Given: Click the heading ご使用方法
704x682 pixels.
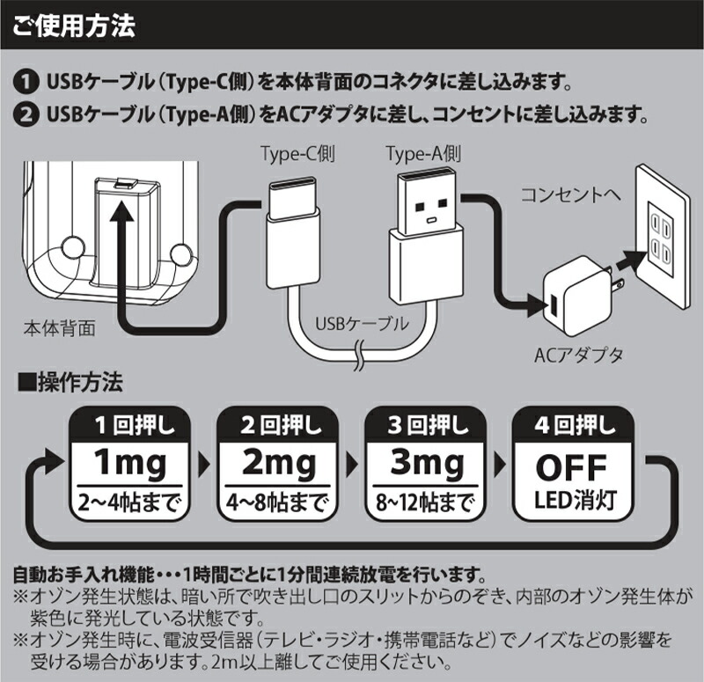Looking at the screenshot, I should [x=74, y=26].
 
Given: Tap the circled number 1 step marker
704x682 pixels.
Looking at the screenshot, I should [x=26, y=84].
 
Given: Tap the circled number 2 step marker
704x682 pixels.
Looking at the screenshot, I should [x=26, y=114].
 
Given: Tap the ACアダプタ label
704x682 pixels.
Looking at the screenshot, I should [x=578, y=356].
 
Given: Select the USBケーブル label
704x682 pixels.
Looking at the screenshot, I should [x=362, y=323].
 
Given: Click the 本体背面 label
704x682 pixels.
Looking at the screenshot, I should [x=58, y=328].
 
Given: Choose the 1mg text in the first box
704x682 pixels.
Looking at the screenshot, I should [x=127, y=462].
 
